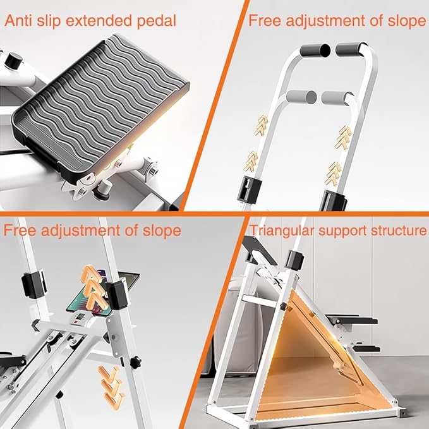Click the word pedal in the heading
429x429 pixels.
[x=157, y=21]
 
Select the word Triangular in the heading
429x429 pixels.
[x=282, y=231]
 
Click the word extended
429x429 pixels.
[x=99, y=21]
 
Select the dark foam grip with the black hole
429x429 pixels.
[x=315, y=51]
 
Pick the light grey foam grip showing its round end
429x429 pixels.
[x=301, y=97]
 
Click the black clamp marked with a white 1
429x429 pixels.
[x=249, y=190]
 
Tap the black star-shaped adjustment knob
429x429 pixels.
[x=135, y=363]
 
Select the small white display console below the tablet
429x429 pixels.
[x=82, y=318]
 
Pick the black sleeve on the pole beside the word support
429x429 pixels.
[x=295, y=260]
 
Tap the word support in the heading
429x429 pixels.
[x=342, y=231]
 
